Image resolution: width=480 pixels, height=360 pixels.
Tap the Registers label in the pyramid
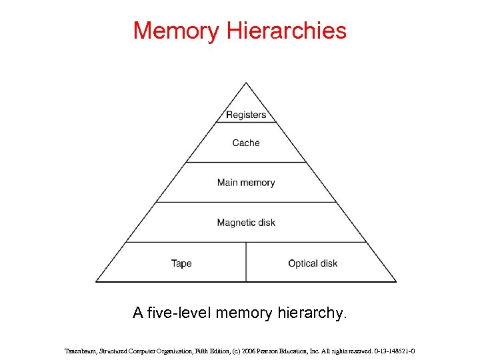pyautogui.click(x=246, y=115)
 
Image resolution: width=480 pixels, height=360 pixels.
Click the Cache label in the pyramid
pyautogui.click(x=246, y=143)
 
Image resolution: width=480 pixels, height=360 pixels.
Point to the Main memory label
pyautogui.click(x=246, y=183)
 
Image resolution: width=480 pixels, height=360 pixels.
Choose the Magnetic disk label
pyautogui.click(x=246, y=223)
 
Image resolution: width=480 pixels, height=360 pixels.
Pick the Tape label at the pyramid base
pyautogui.click(x=181, y=263)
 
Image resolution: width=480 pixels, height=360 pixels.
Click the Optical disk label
pyautogui.click(x=313, y=263)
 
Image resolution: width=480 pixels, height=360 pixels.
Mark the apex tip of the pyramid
pyautogui.click(x=246, y=83)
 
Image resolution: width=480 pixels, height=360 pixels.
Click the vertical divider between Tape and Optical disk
pyautogui.click(x=246, y=262)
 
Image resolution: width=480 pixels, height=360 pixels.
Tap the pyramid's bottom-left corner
pyautogui.click(x=96, y=281)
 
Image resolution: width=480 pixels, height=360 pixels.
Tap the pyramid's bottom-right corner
pyautogui.click(x=396, y=281)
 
